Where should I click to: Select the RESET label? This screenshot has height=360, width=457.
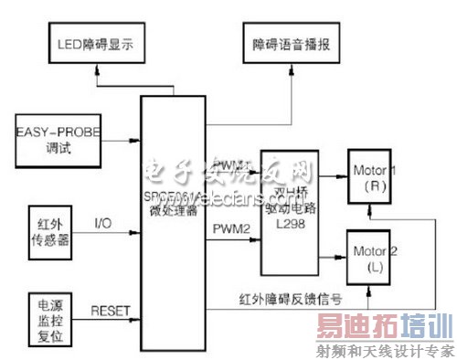pyautogui.click(x=112, y=311)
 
